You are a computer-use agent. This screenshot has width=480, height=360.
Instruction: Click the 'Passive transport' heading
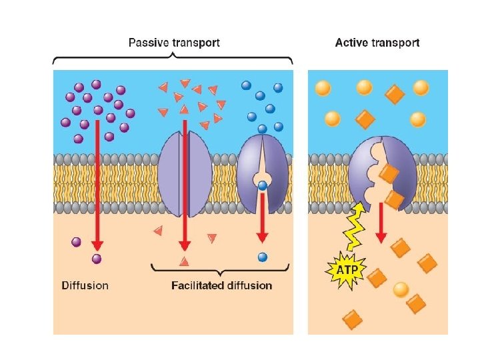(173, 43)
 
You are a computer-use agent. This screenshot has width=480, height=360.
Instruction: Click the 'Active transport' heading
(377, 43)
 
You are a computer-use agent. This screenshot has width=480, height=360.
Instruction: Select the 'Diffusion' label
(85, 285)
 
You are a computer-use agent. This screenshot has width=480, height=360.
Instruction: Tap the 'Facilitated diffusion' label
(222, 285)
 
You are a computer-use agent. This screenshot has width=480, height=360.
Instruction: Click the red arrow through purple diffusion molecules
(96, 187)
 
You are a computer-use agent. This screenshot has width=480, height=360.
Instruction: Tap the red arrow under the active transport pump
(382, 223)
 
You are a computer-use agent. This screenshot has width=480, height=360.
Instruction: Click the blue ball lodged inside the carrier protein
(263, 187)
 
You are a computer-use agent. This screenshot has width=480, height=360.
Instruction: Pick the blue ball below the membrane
(262, 257)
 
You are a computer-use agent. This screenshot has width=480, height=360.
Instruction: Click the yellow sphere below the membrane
(401, 289)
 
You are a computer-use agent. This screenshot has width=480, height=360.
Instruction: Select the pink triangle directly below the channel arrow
(185, 261)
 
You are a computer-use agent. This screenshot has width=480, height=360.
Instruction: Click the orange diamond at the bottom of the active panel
(352, 321)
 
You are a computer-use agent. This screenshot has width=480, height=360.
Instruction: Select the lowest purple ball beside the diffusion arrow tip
(97, 259)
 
